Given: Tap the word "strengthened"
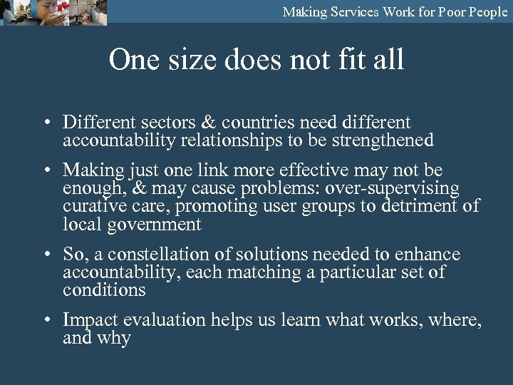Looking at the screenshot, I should coord(380,140).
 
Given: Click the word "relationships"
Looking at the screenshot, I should coord(232,140).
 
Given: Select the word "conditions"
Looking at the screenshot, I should coord(104,290).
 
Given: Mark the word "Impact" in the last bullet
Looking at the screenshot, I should coord(89,321).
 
